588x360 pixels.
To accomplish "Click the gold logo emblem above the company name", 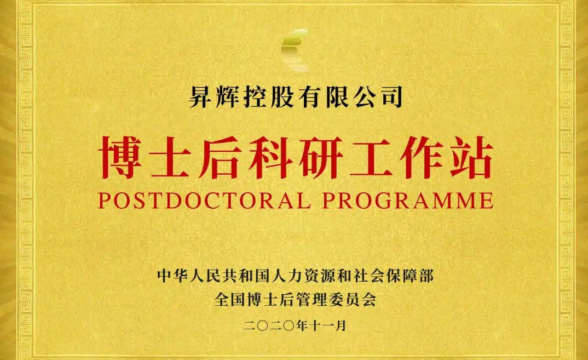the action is [295, 50].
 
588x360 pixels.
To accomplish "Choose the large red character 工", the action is [371, 157].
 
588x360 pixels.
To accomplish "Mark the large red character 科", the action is [270, 157].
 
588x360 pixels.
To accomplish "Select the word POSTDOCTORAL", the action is [204, 201].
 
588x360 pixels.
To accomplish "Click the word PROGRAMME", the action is [408, 201].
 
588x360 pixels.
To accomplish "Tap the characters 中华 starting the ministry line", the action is [173, 276].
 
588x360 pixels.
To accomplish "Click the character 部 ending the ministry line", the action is [426, 276].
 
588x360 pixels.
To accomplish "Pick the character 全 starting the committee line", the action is [222, 299].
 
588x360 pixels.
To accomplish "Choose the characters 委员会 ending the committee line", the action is [353, 299].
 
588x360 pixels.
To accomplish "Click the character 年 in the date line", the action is [302, 325].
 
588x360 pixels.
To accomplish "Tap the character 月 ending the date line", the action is [341, 325].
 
